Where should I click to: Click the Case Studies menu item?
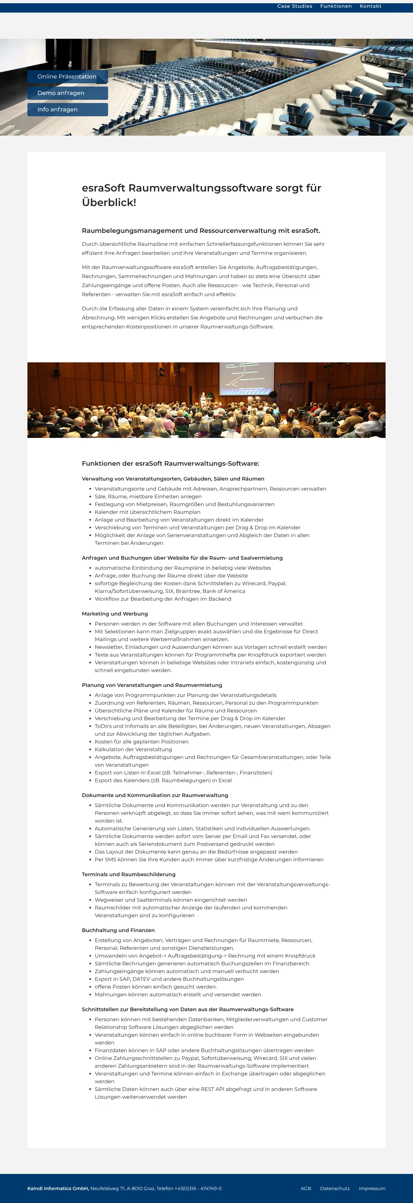[295, 6]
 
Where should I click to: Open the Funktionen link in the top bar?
[336, 6]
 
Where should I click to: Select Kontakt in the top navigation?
[370, 6]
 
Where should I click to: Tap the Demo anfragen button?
[68, 93]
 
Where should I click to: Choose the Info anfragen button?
[68, 109]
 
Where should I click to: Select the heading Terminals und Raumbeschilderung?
[128, 874]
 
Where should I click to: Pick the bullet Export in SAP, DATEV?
[169, 979]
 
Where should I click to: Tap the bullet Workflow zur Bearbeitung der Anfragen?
[163, 599]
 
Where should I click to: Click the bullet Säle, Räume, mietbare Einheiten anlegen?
[148, 496]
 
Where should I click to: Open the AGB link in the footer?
[306, 1188]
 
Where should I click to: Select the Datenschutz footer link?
[335, 1188]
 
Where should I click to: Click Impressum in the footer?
[372, 1188]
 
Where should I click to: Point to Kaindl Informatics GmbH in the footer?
[58, 1188]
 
